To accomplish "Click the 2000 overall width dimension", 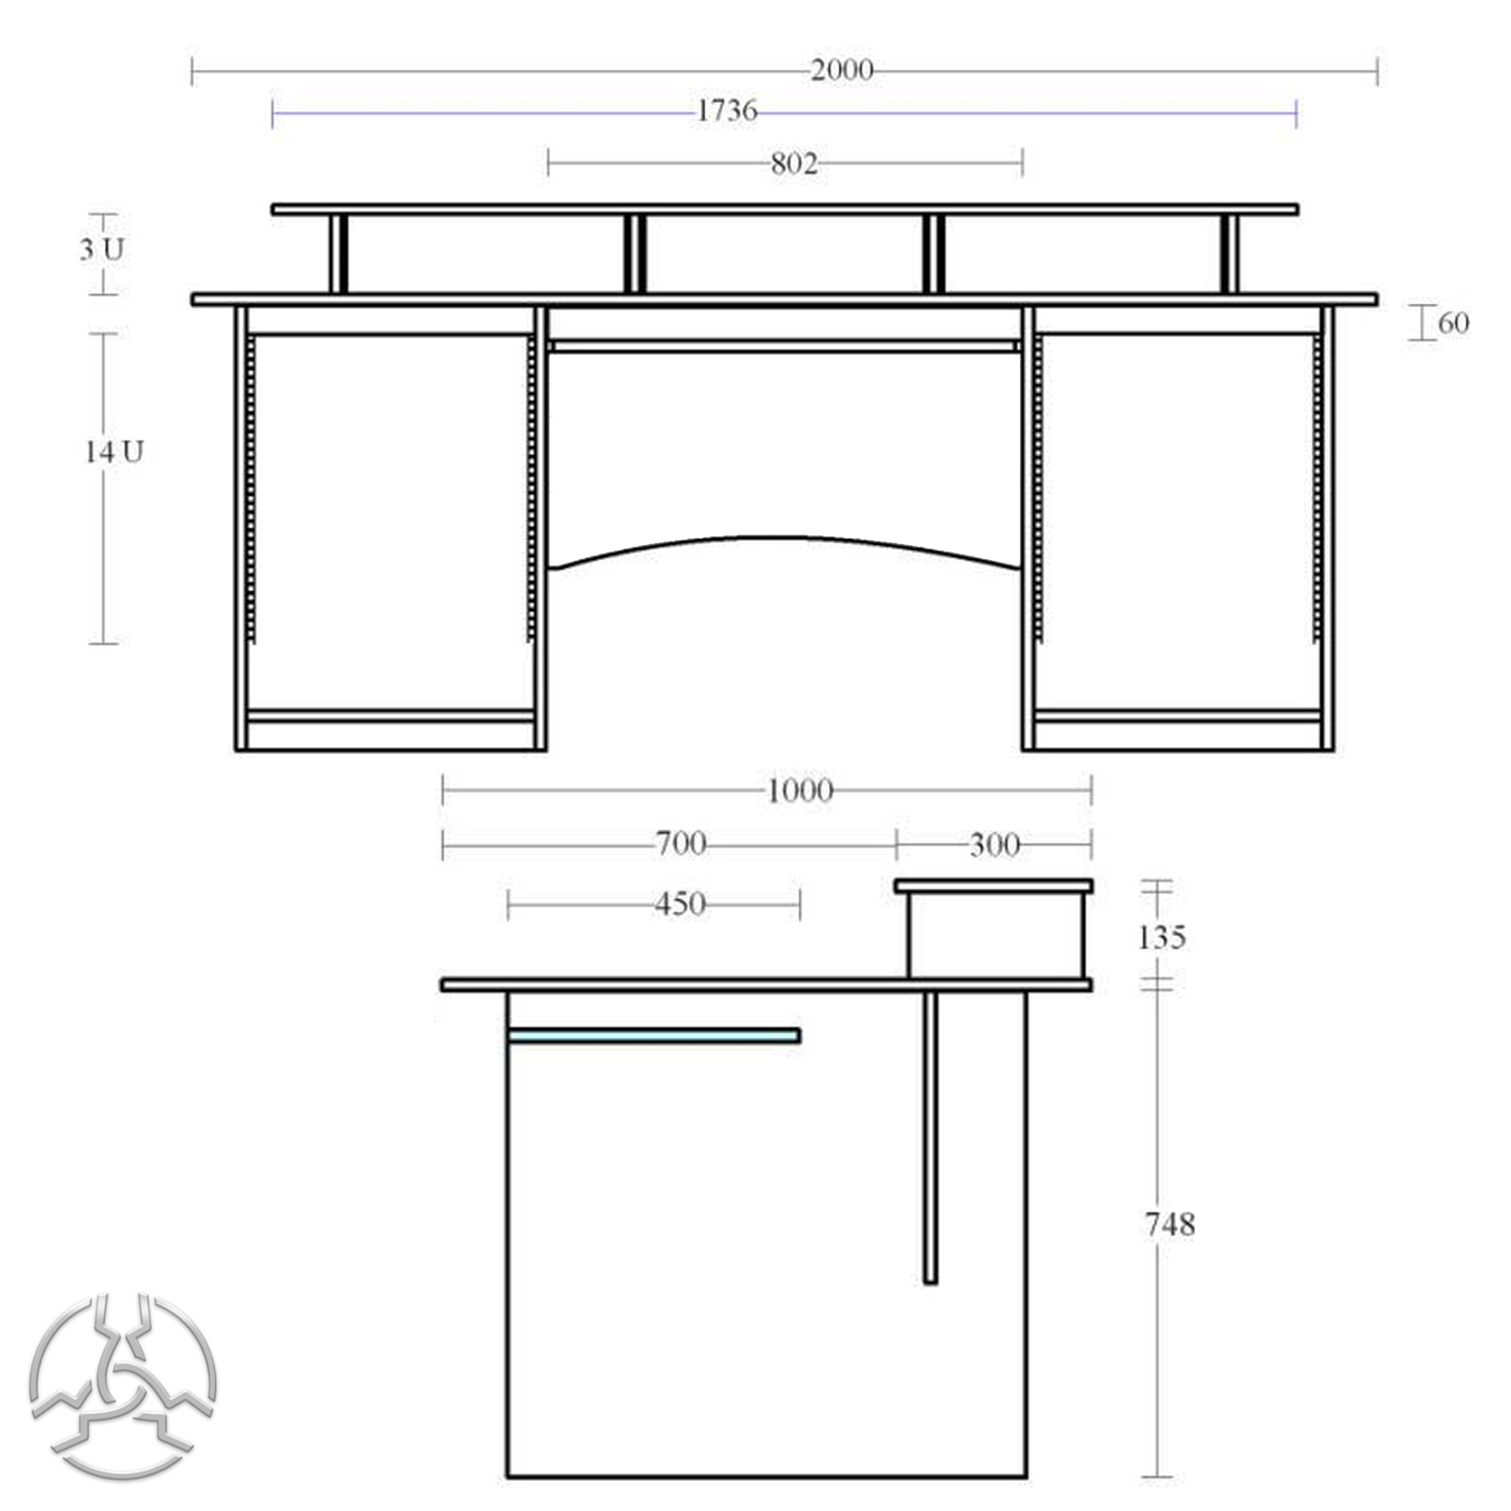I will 840,71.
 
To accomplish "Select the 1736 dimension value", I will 726,111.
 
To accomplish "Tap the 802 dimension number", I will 793,164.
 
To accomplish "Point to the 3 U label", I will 101,250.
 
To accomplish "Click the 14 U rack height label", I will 113,452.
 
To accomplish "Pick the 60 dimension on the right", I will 1452,324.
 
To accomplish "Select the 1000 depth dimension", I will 799,790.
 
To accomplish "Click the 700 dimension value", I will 680,843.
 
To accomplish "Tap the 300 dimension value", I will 993,844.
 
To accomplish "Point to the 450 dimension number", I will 680,905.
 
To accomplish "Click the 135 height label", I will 1161,938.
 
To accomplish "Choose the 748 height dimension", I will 1169,1225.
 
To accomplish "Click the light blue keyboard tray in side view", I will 654,1036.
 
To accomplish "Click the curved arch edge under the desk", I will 784,539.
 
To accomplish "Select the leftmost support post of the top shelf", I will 339,254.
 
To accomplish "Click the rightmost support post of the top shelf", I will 1229,254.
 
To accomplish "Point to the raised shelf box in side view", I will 995,935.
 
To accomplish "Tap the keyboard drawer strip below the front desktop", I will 784,347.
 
